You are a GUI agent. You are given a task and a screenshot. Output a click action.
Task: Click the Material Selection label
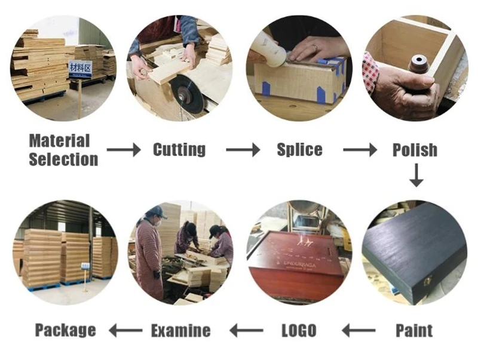[x=63, y=150]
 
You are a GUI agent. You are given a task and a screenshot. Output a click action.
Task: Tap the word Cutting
[x=179, y=149]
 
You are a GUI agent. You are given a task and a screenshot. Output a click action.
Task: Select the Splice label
[x=299, y=149]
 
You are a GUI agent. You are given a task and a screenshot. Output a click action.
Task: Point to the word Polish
[x=415, y=150]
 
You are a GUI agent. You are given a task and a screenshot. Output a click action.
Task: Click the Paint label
[x=414, y=330]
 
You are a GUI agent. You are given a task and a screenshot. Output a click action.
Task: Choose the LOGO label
[x=298, y=330]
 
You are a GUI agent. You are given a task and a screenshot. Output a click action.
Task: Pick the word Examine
[x=180, y=330]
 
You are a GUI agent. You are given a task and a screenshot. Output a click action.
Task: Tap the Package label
[x=65, y=330]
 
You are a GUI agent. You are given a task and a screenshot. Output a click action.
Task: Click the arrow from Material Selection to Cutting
[x=124, y=150]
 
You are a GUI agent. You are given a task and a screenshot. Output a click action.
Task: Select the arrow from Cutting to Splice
[x=243, y=150]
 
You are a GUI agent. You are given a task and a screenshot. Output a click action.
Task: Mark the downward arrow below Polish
[x=416, y=176]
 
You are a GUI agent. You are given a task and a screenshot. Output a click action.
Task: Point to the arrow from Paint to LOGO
[x=358, y=330]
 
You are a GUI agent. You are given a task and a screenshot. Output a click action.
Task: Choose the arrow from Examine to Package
[x=124, y=330]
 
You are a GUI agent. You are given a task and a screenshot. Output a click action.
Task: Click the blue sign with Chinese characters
[x=79, y=69]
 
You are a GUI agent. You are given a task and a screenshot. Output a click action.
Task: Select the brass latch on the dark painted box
[x=428, y=279]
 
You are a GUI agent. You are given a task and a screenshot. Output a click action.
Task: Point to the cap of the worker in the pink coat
[x=157, y=211]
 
